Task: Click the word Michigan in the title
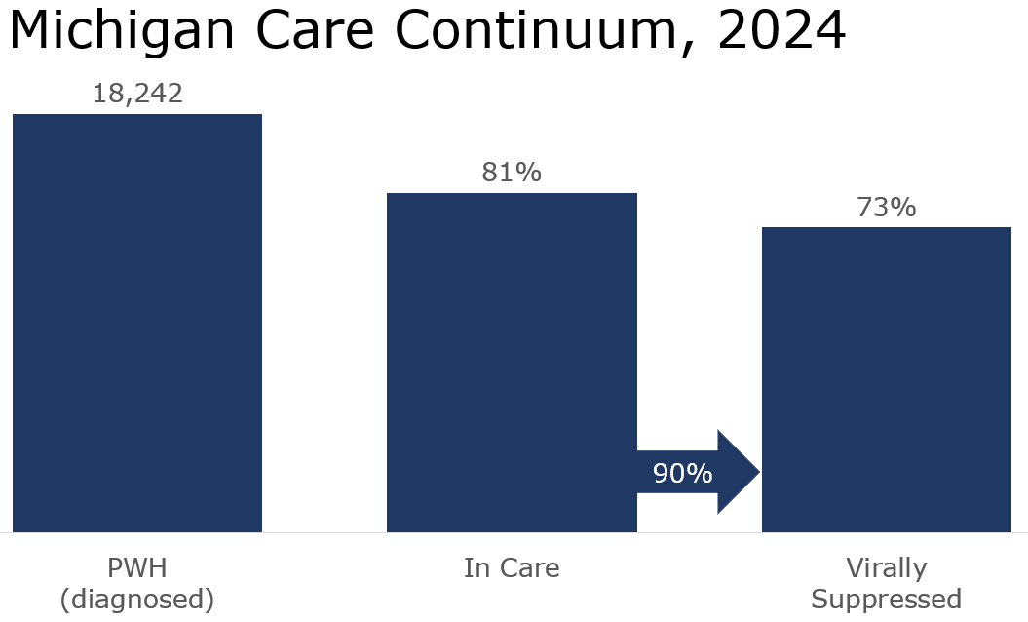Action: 121,31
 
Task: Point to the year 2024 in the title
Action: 781,31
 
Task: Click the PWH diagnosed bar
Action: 137,323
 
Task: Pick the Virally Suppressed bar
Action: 886,379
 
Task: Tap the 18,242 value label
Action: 137,94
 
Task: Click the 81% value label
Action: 512,173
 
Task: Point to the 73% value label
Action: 886,207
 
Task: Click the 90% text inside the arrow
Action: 683,474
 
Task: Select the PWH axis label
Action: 137,567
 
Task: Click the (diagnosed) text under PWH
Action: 137,598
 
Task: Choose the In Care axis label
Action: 512,567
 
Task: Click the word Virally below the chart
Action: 886,567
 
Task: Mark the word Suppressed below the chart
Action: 886,598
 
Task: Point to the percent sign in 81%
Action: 528,173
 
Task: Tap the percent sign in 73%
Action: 902,207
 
